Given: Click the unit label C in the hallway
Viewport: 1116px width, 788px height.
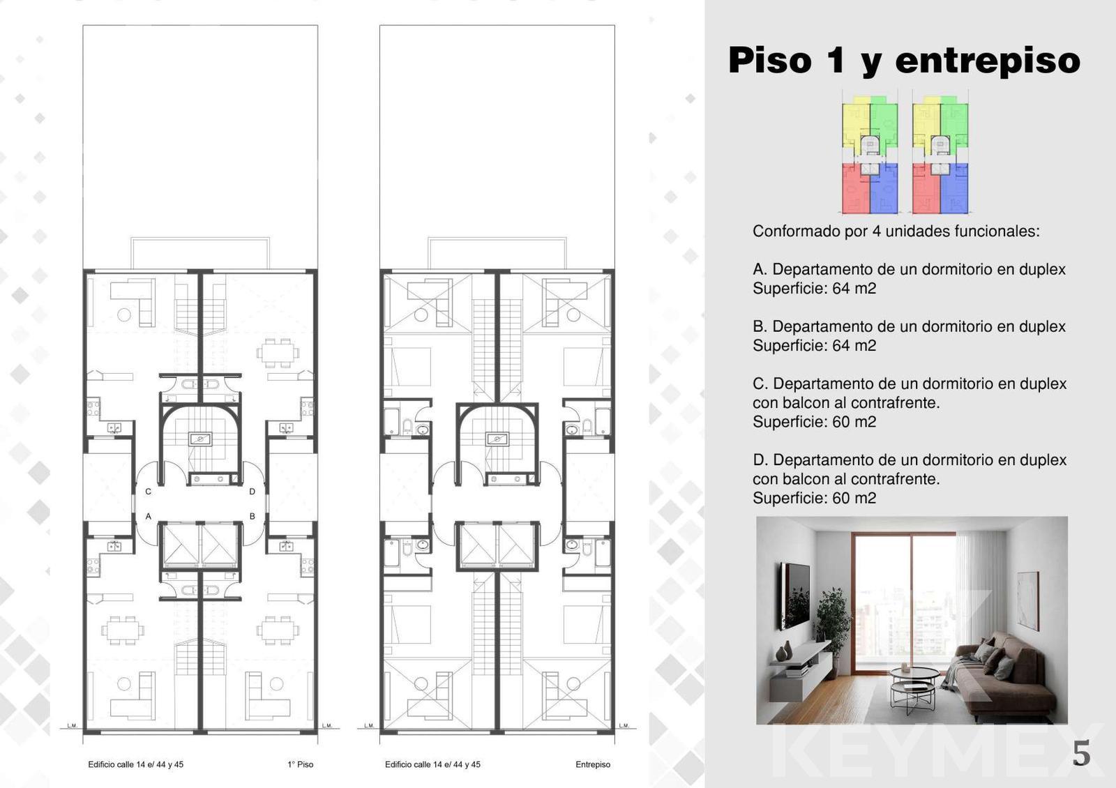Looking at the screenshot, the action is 148,492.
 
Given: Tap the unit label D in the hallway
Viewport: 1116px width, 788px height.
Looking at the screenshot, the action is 252,492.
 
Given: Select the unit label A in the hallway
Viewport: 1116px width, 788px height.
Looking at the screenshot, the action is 148,517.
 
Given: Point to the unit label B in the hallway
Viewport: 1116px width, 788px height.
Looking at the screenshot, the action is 252,517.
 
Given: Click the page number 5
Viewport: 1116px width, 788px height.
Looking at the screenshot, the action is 1082,753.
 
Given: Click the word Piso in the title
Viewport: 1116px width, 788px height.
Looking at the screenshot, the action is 770,60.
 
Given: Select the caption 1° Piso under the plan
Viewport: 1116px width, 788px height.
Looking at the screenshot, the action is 301,764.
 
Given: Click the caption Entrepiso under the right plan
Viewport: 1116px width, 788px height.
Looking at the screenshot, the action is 593,764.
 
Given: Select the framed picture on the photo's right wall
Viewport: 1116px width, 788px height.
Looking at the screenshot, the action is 1027,600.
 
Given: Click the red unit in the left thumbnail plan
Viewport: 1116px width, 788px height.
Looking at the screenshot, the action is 855,189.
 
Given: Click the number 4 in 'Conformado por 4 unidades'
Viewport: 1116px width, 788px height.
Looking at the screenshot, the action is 876,231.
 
